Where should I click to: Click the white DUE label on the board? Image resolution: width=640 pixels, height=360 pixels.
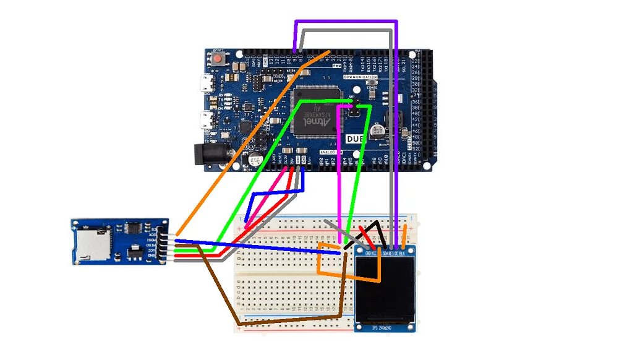354,140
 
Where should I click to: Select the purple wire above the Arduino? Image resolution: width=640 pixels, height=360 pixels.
346,22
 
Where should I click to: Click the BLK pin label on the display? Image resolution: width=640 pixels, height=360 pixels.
403,254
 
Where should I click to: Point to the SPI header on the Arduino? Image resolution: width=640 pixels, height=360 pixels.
354,109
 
